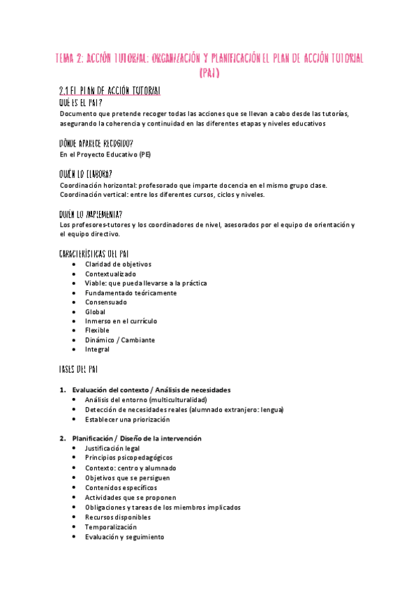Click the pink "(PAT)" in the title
point(209,72)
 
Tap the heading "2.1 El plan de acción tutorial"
point(110,91)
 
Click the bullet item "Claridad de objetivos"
point(118,265)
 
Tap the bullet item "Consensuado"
point(106,302)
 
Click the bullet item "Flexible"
point(97,330)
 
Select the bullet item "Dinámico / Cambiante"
point(120,340)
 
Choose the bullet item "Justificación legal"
point(112,448)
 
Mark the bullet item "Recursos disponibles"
point(117,517)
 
